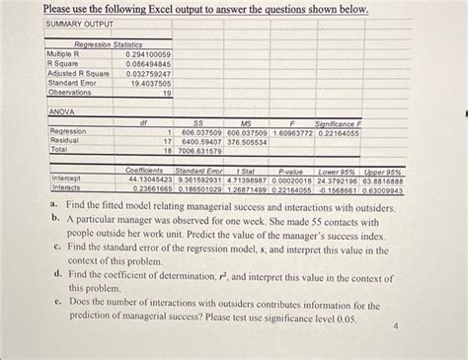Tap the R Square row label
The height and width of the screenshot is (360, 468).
[x=65, y=63]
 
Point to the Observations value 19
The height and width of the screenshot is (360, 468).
[x=166, y=94]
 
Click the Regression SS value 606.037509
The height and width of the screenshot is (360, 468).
[x=199, y=132]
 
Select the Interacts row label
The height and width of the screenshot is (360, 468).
[x=65, y=187]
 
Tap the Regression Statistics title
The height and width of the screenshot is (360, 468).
[x=109, y=44]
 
